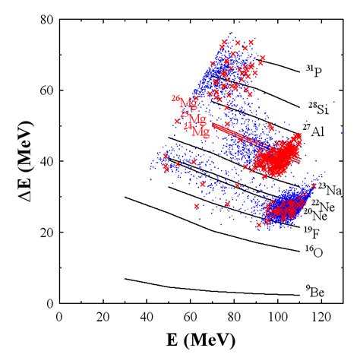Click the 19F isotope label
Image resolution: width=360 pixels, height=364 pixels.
click(x=312, y=231)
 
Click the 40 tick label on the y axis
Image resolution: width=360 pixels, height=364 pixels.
click(x=47, y=161)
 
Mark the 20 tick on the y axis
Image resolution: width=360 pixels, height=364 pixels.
click(x=47, y=232)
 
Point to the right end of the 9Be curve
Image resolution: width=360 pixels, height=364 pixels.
click(x=299, y=295)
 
